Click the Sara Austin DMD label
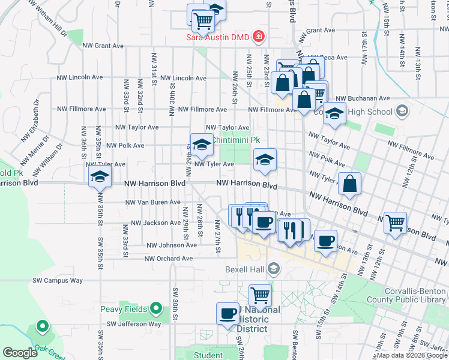click(218, 37)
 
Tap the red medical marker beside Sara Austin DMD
click(259, 37)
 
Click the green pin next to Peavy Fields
click(156, 309)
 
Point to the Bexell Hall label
click(245, 268)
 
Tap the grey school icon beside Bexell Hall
click(274, 268)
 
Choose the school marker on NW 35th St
click(100, 177)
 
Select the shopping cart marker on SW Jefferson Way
click(260, 295)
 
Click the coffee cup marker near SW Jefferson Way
click(228, 313)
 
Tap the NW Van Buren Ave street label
click(153, 202)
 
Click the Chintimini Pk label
click(238, 139)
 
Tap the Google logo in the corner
click(20, 353)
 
